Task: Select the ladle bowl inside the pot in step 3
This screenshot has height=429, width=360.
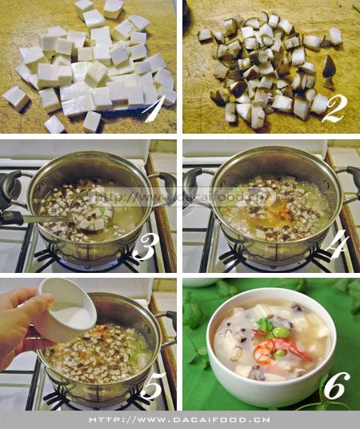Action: coord(90,210)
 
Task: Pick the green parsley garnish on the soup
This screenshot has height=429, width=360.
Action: coord(265,324)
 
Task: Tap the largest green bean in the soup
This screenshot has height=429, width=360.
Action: coord(281,331)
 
